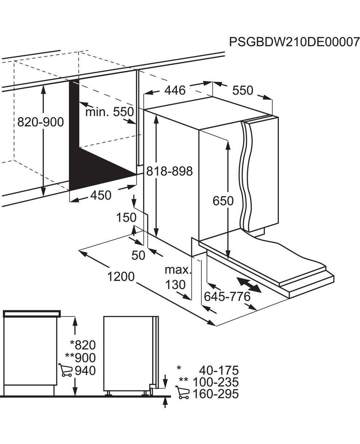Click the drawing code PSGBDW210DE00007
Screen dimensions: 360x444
(294, 48)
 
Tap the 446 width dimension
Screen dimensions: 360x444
(175, 91)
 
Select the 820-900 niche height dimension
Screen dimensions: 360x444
(40, 122)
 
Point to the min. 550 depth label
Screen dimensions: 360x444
(110, 112)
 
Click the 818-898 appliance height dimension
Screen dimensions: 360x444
(169, 171)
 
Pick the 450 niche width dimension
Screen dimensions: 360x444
(101, 196)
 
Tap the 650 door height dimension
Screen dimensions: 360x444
(223, 201)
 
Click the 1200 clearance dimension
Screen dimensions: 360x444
(121, 277)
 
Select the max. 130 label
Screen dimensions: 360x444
(178, 277)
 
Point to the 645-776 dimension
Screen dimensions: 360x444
(227, 297)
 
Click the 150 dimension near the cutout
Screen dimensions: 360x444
(126, 217)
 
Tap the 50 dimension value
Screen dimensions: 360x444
(138, 255)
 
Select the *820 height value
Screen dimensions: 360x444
(83, 345)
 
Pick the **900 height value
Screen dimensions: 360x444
(80, 358)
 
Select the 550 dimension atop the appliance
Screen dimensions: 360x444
(243, 91)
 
